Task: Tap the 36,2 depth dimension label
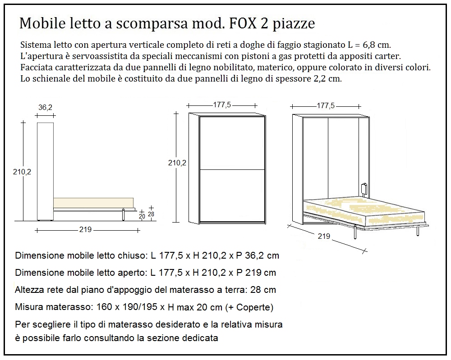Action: [45, 108]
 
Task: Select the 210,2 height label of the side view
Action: [23, 171]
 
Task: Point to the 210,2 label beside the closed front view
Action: [177, 163]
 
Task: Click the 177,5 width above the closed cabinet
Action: [222, 105]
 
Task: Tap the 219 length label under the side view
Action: [85, 229]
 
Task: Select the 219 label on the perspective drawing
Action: [323, 236]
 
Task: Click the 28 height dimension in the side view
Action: [151, 214]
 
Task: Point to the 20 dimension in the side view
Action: [142, 216]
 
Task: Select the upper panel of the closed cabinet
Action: [232, 142]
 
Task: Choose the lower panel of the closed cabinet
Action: [232, 195]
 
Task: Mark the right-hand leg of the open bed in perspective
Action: [419, 232]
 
